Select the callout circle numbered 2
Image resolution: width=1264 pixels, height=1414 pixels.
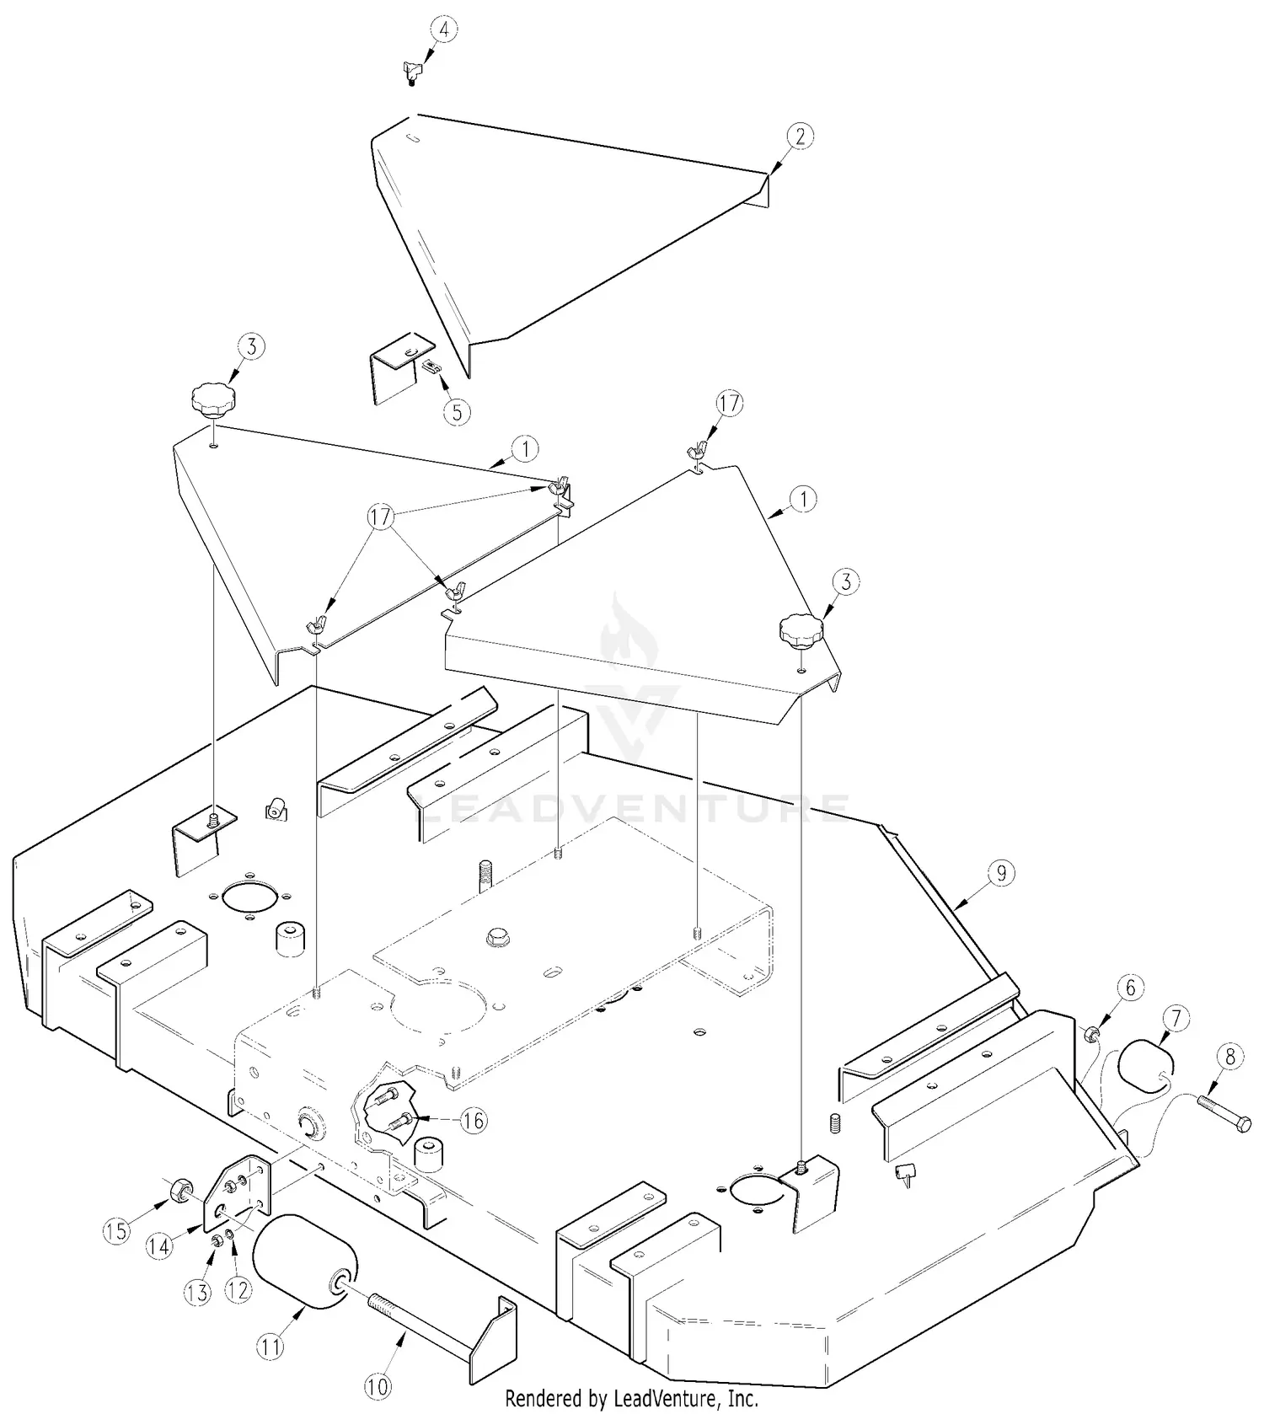click(x=800, y=137)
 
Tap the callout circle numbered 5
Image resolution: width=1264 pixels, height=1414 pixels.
click(x=457, y=412)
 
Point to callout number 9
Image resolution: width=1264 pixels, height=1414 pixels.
click(x=1001, y=874)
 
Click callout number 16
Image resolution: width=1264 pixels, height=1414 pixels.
click(x=474, y=1120)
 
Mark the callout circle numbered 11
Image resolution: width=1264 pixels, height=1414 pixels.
click(x=270, y=1347)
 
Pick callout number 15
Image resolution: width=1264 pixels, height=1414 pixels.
click(x=116, y=1231)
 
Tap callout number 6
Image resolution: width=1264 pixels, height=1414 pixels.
click(x=1131, y=988)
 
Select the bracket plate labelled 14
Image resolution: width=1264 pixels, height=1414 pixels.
click(x=238, y=1193)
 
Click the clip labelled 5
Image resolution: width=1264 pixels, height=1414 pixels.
click(x=431, y=367)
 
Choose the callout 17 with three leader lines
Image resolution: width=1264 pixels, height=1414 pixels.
click(x=381, y=517)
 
